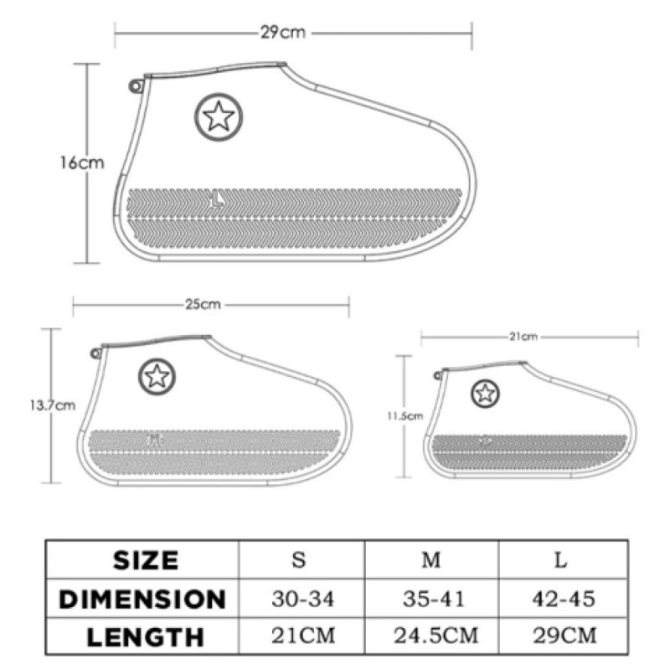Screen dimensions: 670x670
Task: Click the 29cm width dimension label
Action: click(283, 33)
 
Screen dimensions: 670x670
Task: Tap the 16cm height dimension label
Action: click(81, 162)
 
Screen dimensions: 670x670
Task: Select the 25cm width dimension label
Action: click(203, 304)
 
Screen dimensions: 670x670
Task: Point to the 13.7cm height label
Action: click(53, 405)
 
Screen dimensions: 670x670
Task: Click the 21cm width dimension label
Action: click(523, 337)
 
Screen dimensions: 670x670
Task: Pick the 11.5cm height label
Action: click(405, 415)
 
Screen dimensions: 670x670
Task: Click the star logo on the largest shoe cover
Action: click(219, 116)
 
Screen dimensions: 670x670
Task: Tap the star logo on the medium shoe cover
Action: click(157, 376)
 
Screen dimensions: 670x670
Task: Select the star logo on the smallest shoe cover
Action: click(485, 393)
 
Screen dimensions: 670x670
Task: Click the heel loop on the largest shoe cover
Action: click(136, 86)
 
